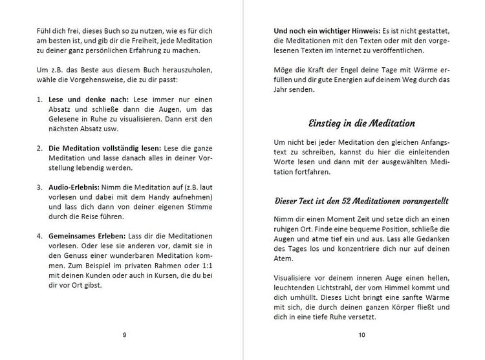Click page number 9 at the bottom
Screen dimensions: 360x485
[x=124, y=335]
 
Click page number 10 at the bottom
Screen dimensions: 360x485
[x=361, y=335]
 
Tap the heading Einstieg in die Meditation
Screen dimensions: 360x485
[x=361, y=123]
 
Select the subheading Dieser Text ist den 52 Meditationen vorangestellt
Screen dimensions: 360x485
[x=361, y=201]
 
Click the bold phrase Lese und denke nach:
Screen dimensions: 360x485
[x=88, y=100]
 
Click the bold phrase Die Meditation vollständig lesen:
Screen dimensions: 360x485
[x=104, y=148]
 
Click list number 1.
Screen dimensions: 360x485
[x=39, y=100]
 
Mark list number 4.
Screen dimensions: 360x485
[x=39, y=237]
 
